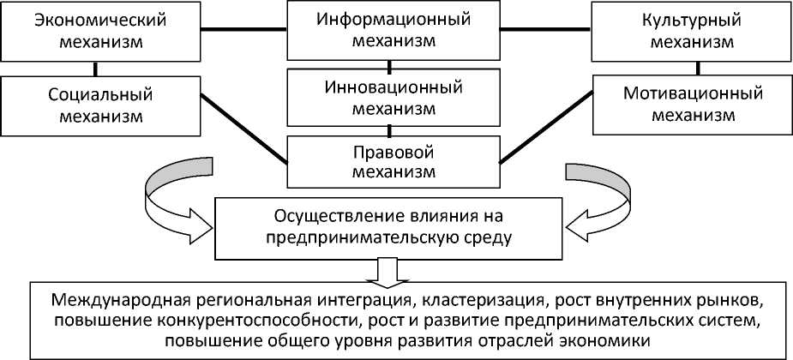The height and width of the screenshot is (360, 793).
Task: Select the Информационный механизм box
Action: coord(390,31)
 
